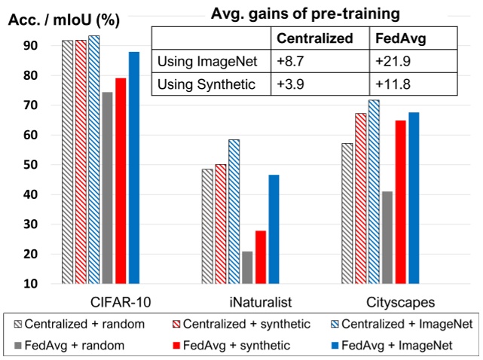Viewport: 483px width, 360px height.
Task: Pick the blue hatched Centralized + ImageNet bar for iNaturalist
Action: click(234, 212)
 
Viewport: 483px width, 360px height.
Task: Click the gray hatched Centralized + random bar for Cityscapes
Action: click(347, 213)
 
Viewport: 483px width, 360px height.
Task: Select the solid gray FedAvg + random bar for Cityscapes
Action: click(387, 237)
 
